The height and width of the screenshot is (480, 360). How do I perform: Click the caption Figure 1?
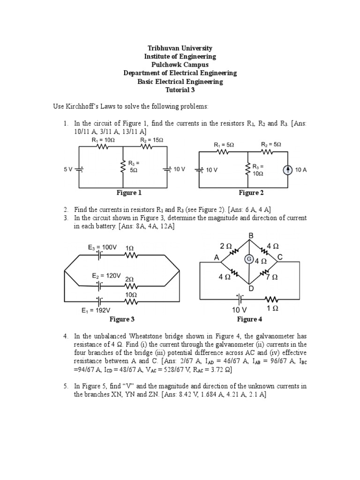[x=129, y=193]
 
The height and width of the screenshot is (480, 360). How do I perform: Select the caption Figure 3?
[x=122, y=319]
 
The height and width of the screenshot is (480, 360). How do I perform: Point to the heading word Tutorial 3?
[x=180, y=90]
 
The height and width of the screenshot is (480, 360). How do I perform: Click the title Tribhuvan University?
[x=180, y=48]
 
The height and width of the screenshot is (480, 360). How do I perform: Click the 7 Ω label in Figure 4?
[x=272, y=277]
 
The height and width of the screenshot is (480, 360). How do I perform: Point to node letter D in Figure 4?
[x=251, y=289]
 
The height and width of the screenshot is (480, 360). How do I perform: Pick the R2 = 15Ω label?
[x=151, y=140]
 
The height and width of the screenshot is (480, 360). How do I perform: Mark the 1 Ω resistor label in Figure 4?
[x=273, y=309]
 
